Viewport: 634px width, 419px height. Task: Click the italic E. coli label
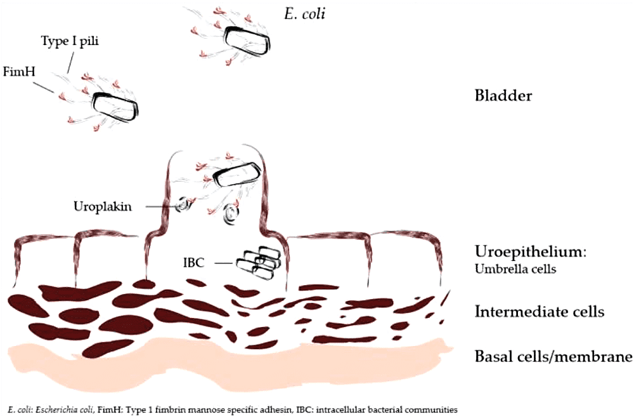click(x=305, y=14)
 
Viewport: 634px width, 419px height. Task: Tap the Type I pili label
click(x=70, y=41)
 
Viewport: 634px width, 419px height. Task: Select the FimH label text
click(x=19, y=72)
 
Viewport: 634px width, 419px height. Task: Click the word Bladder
click(x=503, y=95)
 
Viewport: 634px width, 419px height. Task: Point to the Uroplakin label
click(x=103, y=206)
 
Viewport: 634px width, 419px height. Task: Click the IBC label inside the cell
click(x=193, y=263)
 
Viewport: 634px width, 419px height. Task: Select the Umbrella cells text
click(x=515, y=269)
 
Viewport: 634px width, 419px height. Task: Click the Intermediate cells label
click(x=540, y=311)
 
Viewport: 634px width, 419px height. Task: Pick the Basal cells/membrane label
click(x=553, y=356)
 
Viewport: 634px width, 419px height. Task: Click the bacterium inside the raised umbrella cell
click(x=236, y=175)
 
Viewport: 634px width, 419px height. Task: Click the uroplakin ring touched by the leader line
click(x=184, y=204)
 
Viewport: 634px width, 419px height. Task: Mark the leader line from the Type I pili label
click(x=72, y=62)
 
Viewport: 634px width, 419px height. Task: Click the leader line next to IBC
click(x=224, y=263)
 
